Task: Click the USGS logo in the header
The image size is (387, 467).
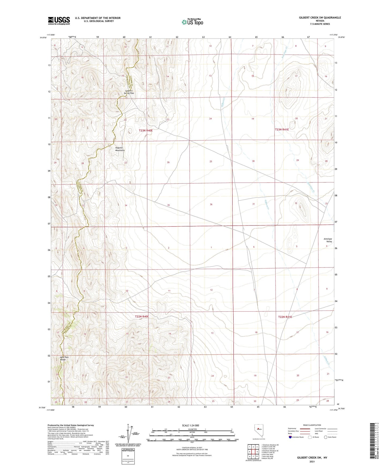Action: pos(59,21)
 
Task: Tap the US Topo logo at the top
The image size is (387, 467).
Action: pos(192,22)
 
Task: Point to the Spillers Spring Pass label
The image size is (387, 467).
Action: pos(129,92)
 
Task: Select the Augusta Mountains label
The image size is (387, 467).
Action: pos(120,149)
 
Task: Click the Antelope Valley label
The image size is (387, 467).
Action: pos(328,240)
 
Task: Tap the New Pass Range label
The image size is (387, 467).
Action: pos(64,358)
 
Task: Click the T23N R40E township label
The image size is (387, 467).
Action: pos(146,131)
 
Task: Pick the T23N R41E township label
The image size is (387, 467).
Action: pos(282,129)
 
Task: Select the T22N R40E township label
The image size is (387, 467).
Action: pos(142,316)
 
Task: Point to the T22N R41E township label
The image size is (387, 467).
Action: pos(285,317)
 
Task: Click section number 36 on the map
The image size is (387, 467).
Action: pos(211,204)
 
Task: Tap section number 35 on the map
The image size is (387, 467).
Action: pos(168,205)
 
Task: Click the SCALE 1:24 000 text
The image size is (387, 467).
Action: pos(190,425)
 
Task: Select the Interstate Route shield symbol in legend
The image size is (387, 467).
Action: pos(290,437)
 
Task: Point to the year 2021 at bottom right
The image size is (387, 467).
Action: pos(312,462)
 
